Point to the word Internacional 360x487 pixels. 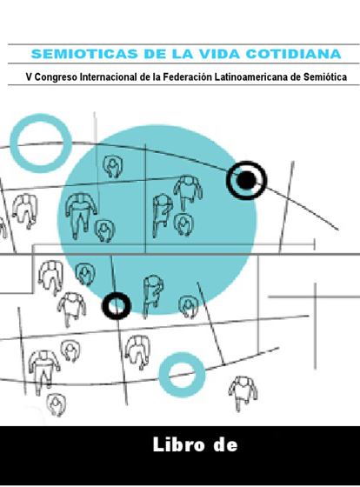coord(109,77)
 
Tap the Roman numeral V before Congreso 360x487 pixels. coord(29,77)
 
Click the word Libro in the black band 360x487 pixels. coord(178,444)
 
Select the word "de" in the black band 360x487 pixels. coord(225,444)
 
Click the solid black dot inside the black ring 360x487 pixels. coord(247,180)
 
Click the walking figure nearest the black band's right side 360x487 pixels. coord(243,393)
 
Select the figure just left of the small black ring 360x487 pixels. coord(72,309)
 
